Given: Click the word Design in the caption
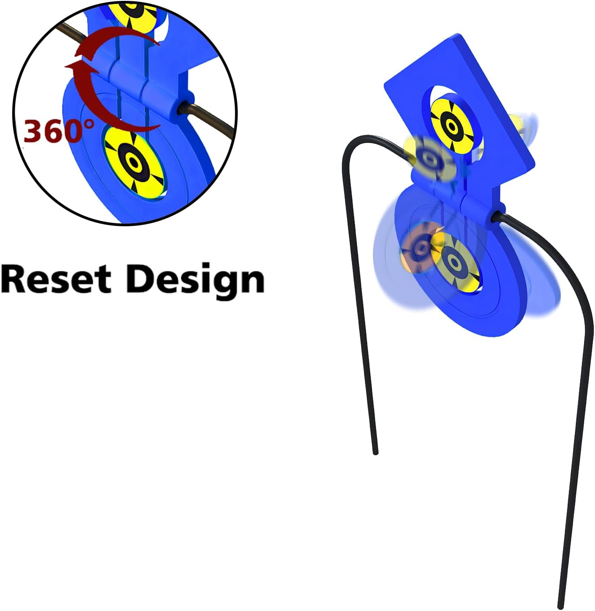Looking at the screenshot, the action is click(195, 280).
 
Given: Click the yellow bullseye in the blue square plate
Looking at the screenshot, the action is click(452, 126).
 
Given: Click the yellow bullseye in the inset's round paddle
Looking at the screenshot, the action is click(134, 162).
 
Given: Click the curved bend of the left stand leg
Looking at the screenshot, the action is click(352, 146).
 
